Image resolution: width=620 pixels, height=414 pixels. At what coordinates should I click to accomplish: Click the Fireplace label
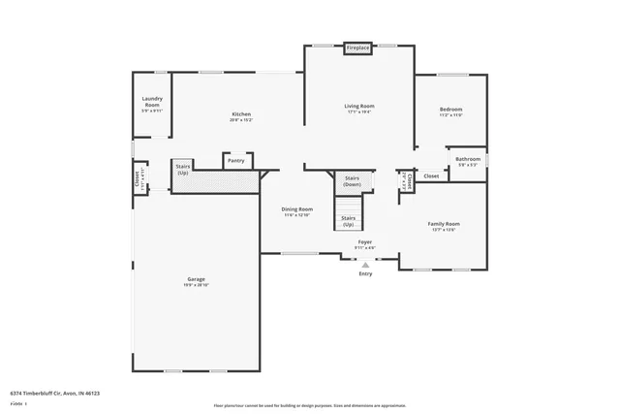358,48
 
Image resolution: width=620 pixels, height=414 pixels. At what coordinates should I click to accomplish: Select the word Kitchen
240,113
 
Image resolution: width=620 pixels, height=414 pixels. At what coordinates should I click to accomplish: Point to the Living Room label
359,106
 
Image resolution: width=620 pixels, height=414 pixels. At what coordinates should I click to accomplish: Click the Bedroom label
450,110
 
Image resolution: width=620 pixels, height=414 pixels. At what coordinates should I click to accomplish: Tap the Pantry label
235,160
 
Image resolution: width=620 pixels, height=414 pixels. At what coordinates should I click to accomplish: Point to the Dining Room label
296,208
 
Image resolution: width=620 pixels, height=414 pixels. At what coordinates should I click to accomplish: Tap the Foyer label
365,241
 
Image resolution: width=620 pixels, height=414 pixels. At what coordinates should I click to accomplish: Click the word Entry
365,273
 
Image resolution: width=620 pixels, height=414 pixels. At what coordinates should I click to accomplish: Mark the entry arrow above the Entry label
365,263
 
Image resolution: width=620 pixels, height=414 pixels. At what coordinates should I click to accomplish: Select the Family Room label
444,224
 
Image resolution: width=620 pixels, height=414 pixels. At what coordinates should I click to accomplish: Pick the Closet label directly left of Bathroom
431,175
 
